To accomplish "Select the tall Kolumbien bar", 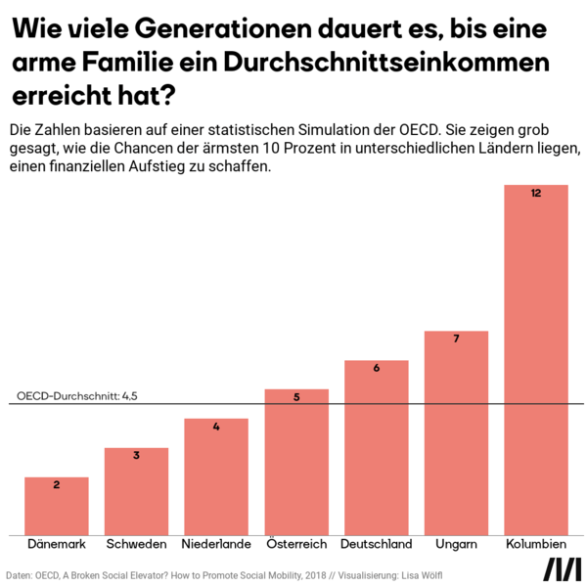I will [536, 362].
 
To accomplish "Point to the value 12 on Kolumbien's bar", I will [536, 194].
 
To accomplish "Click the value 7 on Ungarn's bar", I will [456, 339].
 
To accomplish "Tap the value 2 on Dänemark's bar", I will [57, 485].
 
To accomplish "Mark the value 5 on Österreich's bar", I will [296, 397].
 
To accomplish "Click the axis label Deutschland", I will [377, 545].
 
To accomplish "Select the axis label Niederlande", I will [216, 545].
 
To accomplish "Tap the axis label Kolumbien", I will [536, 545].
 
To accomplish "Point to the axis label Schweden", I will [137, 545].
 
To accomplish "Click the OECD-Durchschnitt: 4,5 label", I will [77, 396].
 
